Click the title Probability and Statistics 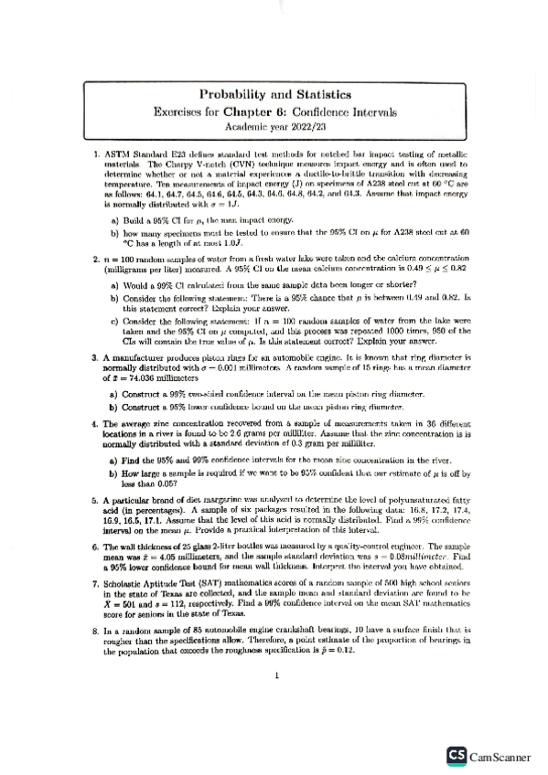coord(274,93)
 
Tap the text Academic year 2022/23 coord(274,127)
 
